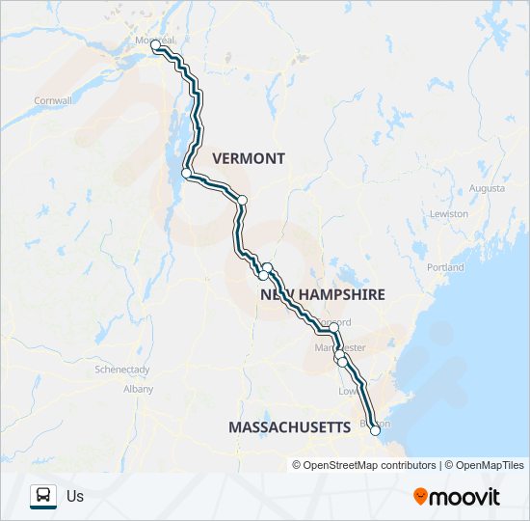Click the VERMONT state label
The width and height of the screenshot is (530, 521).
249,158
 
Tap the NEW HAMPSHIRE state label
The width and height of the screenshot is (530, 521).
322,294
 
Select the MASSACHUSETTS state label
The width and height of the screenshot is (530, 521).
289,426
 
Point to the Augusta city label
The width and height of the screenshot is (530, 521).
488,188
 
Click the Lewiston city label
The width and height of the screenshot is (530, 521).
449,213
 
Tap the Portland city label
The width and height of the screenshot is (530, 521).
444,267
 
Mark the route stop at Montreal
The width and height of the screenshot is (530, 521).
155,45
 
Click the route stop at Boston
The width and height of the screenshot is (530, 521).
375,431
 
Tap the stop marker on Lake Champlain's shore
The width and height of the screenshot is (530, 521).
186,173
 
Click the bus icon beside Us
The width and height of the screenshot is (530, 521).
43,496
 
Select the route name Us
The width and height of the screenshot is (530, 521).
75,497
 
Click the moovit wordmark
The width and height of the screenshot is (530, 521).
465,497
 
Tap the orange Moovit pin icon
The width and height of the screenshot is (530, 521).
420,497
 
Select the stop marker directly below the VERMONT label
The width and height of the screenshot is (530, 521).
243,200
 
